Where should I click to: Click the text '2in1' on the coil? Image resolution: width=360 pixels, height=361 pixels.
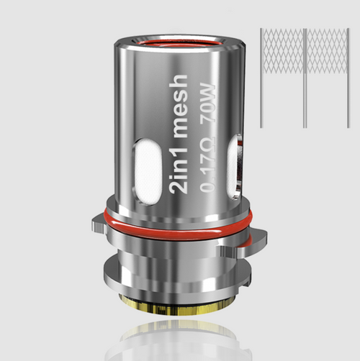coord(179,175)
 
